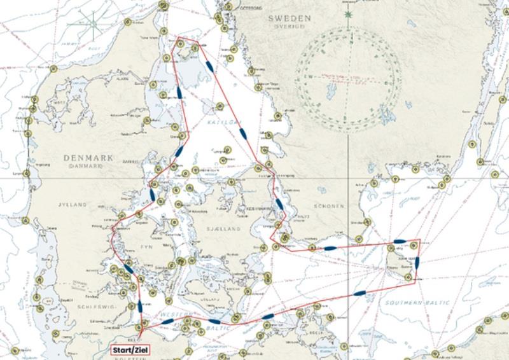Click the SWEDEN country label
289,18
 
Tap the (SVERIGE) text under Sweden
289,27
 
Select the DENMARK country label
88,158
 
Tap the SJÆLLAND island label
226,228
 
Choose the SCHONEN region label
328,206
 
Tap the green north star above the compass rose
347,14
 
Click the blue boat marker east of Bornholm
417,261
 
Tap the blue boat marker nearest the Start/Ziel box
140,306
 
